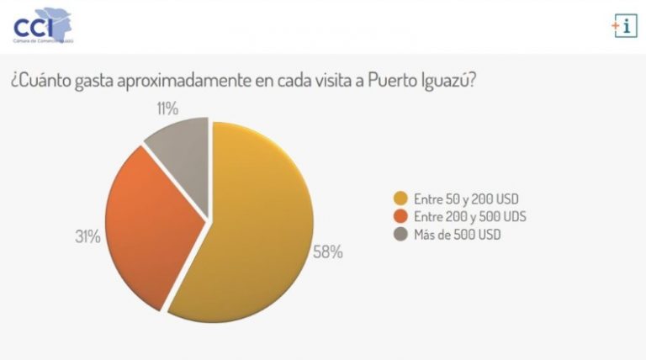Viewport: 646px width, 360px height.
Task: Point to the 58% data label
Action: pyautogui.click(x=327, y=251)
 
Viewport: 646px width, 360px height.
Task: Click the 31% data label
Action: pyautogui.click(x=87, y=237)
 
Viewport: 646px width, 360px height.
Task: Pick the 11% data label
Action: pyautogui.click(x=166, y=108)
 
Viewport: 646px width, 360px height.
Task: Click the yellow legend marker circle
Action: pyautogui.click(x=401, y=199)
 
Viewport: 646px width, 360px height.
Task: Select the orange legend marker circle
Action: pyautogui.click(x=401, y=217)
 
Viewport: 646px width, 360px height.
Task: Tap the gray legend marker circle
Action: pyautogui.click(x=401, y=235)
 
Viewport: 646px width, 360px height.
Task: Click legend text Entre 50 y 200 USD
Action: pyautogui.click(x=466, y=199)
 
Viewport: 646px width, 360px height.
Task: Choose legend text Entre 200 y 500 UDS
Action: pyautogui.click(x=470, y=217)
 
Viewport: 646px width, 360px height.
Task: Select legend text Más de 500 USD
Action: pyautogui.click(x=456, y=235)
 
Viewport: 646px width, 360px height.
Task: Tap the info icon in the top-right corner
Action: pyautogui.click(x=624, y=26)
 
